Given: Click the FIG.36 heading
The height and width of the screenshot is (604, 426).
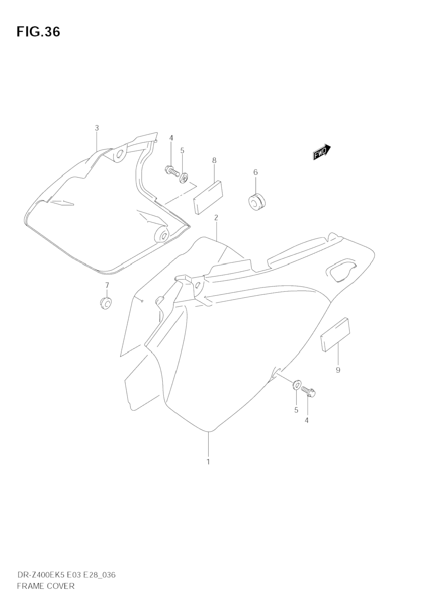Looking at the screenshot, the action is point(38,32).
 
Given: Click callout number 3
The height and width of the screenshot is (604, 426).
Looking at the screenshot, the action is point(97,128).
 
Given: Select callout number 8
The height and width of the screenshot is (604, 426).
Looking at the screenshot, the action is point(214,160).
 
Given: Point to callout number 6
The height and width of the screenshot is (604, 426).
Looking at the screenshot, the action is point(256,172).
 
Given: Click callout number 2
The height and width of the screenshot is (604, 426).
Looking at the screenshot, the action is point(216,218).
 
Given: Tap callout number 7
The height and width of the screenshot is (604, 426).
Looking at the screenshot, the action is point(107,285).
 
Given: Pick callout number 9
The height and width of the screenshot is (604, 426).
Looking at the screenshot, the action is point(338,370).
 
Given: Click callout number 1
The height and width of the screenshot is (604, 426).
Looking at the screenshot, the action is point(208,462).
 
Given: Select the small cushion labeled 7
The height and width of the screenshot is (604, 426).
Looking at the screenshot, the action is point(106,303).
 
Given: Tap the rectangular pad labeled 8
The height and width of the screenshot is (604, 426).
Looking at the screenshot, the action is point(208,197).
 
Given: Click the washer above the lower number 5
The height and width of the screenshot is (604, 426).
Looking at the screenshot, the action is point(296,385).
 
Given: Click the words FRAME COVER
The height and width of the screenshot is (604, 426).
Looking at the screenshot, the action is point(45,586).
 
